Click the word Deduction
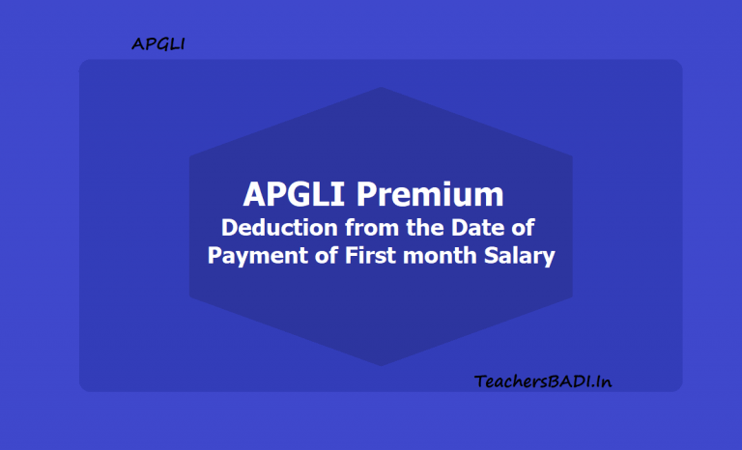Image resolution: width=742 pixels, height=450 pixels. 275,229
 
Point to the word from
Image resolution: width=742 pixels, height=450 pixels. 362,229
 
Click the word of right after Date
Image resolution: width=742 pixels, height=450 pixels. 523,229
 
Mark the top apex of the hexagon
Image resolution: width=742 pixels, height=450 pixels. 381,88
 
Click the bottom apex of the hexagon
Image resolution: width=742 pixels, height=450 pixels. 381,365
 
